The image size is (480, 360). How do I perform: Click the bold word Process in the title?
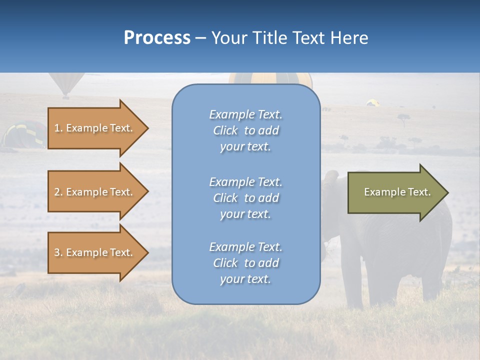(157, 38)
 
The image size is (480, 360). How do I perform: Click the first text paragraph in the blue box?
(245, 130)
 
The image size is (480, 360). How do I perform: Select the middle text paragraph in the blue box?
(245, 198)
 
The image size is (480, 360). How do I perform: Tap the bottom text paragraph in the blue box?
(245, 263)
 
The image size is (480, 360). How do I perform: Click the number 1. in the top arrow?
(58, 128)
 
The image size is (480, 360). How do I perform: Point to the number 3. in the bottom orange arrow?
(58, 252)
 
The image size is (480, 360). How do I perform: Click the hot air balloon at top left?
(65, 84)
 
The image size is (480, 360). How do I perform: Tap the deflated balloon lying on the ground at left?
(23, 134)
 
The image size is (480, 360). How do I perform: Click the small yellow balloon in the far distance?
(372, 102)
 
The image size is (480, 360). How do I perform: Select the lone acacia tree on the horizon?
(403, 118)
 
